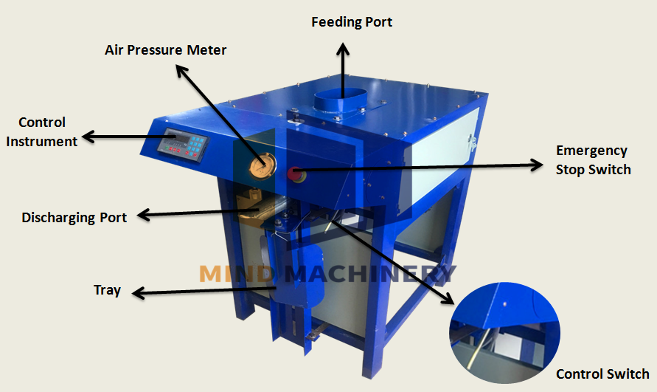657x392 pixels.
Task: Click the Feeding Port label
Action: pyautogui.click(x=352, y=22)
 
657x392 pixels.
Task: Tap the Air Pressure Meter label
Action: pyautogui.click(x=164, y=50)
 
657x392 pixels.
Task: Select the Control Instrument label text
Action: pyautogui.click(x=42, y=131)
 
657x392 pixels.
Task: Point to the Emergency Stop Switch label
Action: pyautogui.click(x=592, y=160)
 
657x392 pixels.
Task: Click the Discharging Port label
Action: pyautogui.click(x=74, y=217)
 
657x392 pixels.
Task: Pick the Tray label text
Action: pyautogui.click(x=107, y=290)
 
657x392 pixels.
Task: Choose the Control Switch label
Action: pyautogui.click(x=602, y=374)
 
